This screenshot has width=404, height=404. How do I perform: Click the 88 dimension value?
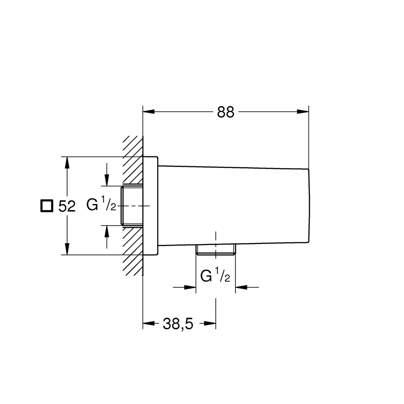point(225,112)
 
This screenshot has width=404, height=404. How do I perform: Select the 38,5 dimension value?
point(178,324)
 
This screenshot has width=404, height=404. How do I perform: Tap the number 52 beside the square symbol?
point(67,206)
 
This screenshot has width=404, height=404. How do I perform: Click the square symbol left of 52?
point(46,206)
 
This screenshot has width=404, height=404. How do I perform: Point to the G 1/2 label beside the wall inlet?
point(101,204)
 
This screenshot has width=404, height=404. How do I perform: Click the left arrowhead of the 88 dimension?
point(149,112)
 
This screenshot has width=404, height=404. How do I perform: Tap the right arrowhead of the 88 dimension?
point(303,112)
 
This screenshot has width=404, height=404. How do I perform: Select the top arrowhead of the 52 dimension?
point(67,162)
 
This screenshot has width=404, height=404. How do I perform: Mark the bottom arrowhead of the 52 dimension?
point(67,249)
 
